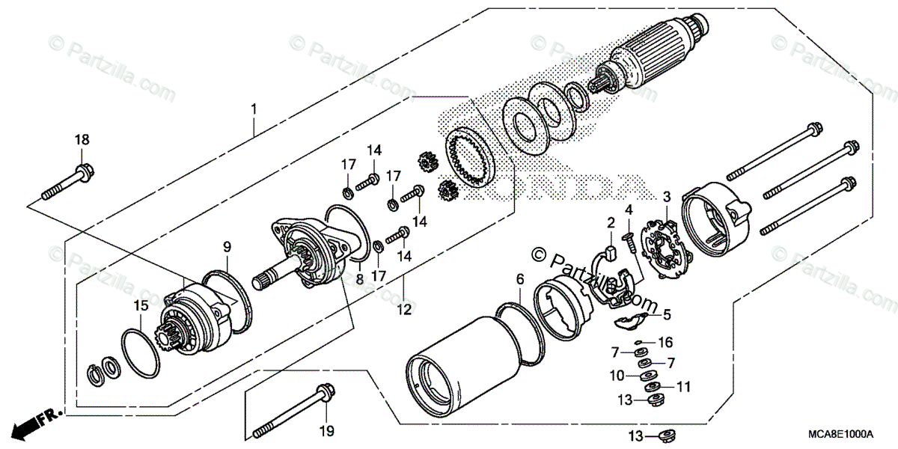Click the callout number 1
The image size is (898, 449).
tap(254, 109)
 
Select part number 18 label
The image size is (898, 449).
tap(81, 139)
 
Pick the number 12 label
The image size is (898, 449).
tap(404, 308)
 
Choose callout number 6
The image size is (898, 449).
tap(519, 279)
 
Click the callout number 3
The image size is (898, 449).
tap(666, 197)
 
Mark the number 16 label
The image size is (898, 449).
tap(665, 342)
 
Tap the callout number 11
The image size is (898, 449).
tap(683, 387)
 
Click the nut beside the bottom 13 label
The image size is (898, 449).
tap(663, 435)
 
